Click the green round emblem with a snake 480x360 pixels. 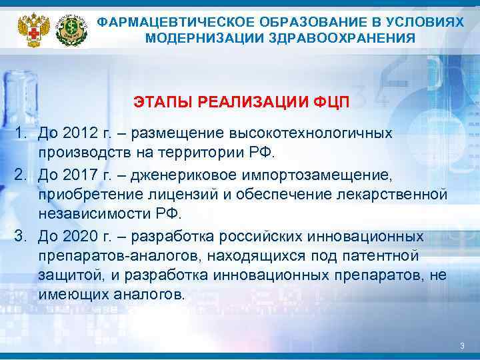click(x=71, y=29)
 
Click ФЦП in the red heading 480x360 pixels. click(x=330, y=103)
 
